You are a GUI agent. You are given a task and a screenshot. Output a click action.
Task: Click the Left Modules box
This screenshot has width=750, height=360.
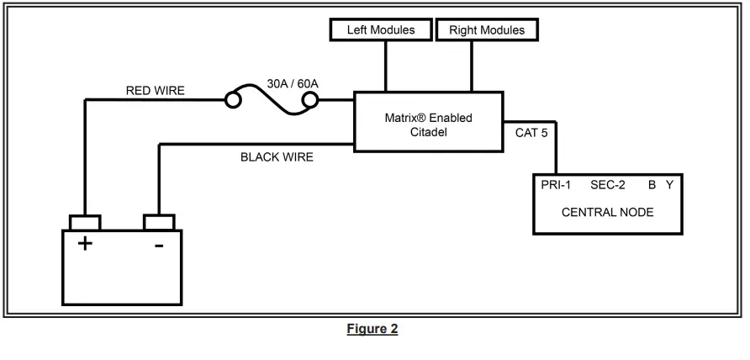(381, 30)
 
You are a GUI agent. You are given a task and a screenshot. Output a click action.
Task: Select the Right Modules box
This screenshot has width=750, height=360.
(486, 30)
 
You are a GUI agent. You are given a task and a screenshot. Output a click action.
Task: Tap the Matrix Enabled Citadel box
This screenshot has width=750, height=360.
(428, 124)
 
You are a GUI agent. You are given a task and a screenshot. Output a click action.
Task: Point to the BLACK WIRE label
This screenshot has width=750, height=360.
(277, 157)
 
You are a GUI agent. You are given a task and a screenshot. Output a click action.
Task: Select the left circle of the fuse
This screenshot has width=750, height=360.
(233, 101)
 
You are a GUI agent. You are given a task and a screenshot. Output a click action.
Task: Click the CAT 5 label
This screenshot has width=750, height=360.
(531, 132)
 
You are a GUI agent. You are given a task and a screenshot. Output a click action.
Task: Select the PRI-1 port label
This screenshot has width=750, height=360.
(557, 185)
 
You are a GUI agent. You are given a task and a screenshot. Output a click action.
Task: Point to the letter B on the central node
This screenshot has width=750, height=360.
(651, 185)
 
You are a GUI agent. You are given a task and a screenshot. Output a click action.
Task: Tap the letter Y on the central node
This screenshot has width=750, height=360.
(669, 185)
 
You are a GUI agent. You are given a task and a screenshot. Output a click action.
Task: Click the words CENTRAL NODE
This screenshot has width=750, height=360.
(607, 212)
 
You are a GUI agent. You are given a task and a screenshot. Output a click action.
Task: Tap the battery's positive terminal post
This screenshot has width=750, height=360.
(85, 223)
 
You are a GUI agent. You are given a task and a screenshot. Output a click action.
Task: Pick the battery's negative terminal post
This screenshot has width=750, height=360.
(159, 223)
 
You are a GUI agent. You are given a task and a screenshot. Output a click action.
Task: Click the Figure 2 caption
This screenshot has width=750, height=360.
(371, 329)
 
